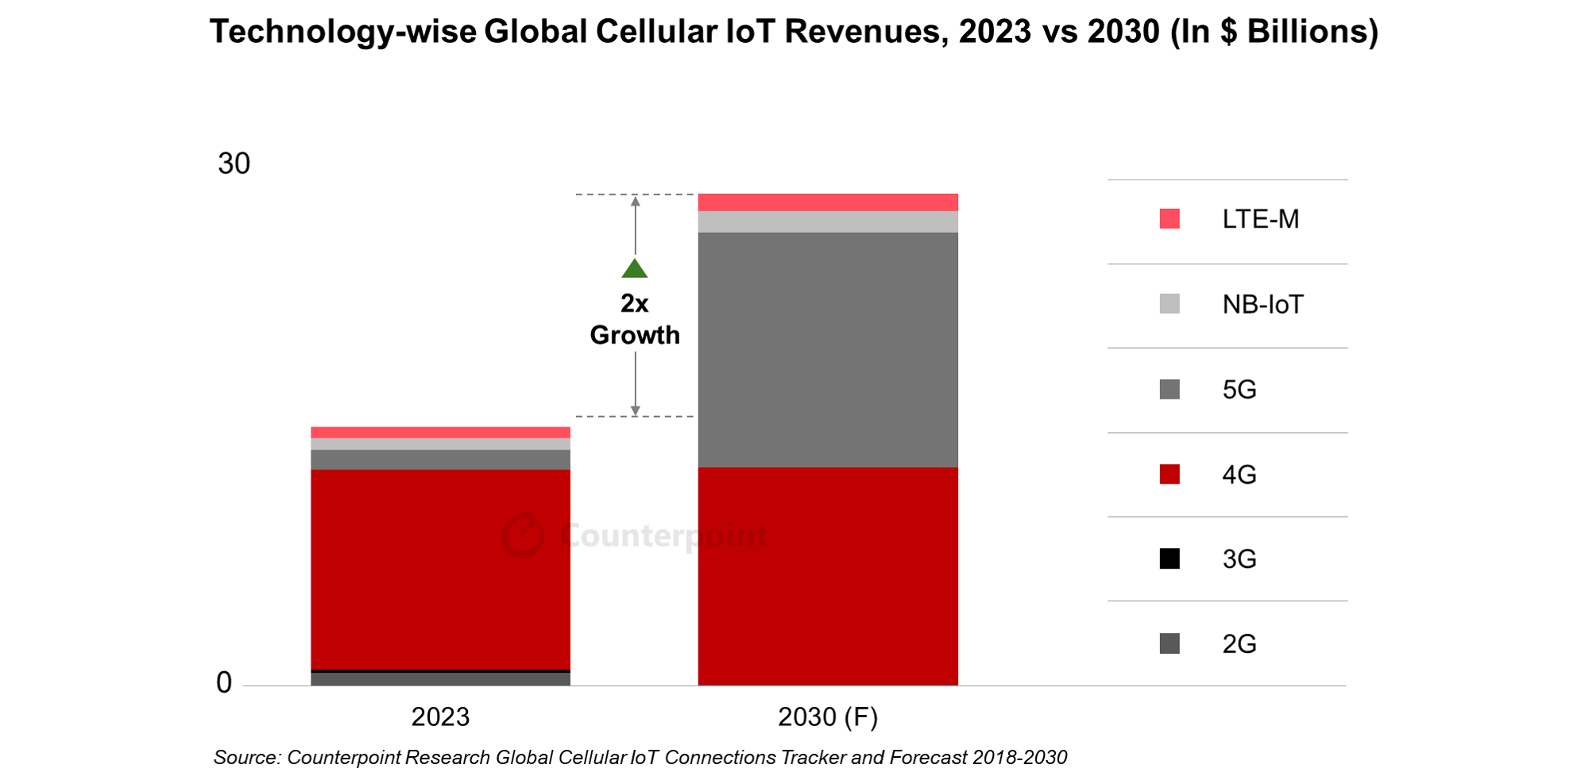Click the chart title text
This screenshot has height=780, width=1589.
[794, 32]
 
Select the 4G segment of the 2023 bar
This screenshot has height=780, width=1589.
[440, 569]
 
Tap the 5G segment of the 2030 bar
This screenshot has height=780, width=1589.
[828, 349]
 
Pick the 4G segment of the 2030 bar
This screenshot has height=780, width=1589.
[828, 576]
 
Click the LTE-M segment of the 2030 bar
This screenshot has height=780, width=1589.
[828, 202]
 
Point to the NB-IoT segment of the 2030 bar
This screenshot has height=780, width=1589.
[828, 222]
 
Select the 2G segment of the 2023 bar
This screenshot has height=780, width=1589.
[440, 679]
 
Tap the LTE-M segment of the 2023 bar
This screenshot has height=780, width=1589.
[440, 432]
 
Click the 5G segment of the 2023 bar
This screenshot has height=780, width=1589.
[440, 460]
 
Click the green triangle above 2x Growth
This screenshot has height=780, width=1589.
[635, 269]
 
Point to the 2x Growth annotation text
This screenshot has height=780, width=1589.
[635, 319]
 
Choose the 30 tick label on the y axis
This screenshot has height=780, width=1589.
[234, 164]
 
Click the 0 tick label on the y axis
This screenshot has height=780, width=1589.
[224, 682]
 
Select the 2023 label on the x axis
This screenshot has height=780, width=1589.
[440, 716]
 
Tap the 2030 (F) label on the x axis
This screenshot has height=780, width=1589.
[828, 716]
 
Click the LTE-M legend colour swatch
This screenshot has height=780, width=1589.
[1170, 218]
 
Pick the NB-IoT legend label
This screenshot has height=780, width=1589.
[1262, 304]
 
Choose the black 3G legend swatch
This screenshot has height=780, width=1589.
[1170, 558]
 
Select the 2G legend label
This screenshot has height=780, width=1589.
[1239, 643]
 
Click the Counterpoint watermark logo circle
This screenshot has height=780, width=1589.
[523, 535]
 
